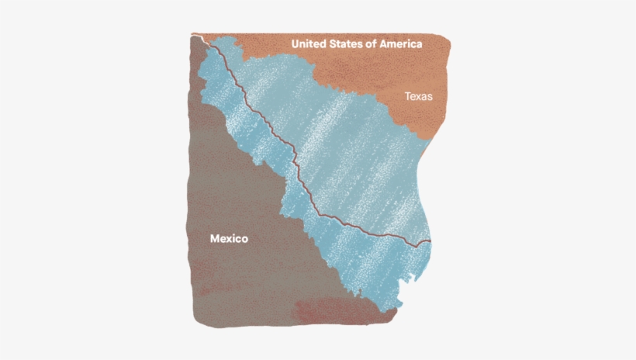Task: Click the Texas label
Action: [x=418, y=97]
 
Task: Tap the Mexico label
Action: [x=229, y=239]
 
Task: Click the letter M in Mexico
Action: [x=216, y=239]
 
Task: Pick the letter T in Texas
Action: [x=407, y=97]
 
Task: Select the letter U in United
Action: [x=296, y=44]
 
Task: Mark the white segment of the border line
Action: [x=199, y=36]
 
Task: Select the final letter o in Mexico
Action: [x=244, y=240]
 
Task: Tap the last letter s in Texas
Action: [x=429, y=98]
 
